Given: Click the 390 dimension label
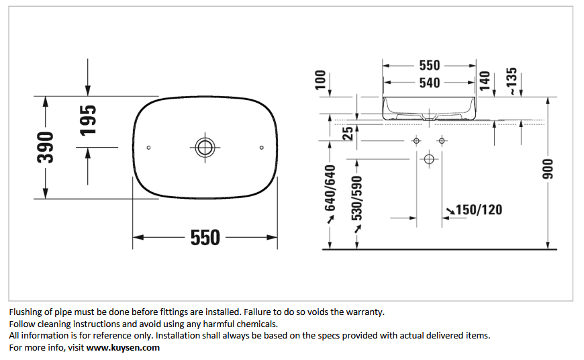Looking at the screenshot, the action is (x=46, y=148).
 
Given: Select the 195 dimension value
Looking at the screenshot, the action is (x=88, y=120).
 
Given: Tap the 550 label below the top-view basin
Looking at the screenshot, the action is (x=205, y=237).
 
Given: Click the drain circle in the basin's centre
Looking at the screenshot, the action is (x=205, y=148).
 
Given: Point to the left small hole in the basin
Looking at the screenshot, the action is (x=148, y=148).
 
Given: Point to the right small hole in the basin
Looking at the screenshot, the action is (x=262, y=148).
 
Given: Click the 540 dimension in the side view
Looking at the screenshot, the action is (x=430, y=83).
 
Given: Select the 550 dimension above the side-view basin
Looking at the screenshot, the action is (x=430, y=65).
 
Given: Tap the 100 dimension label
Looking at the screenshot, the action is (x=320, y=80).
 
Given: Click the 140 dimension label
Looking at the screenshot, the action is (x=485, y=81).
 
